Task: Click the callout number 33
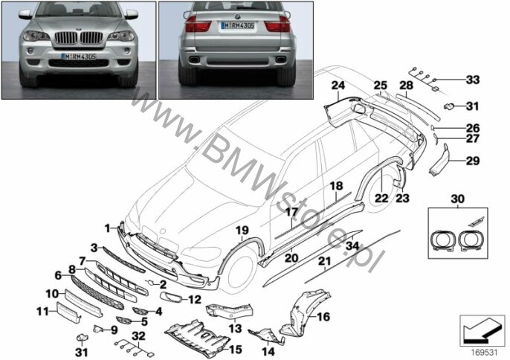click(473, 80)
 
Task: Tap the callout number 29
click(473, 161)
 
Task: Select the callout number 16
click(323, 316)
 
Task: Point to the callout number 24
click(338, 86)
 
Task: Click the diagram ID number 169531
click(485, 353)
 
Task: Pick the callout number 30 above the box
click(458, 199)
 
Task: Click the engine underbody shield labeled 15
click(197, 338)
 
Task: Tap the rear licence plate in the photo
click(237, 25)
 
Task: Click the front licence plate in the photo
click(79, 57)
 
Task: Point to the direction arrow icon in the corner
click(482, 331)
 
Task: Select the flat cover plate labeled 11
click(69, 312)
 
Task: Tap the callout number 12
click(195, 300)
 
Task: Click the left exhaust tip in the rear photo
click(195, 60)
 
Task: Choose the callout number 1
click(107, 229)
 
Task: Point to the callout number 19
click(242, 231)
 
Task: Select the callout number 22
click(381, 198)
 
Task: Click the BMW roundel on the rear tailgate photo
click(237, 16)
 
